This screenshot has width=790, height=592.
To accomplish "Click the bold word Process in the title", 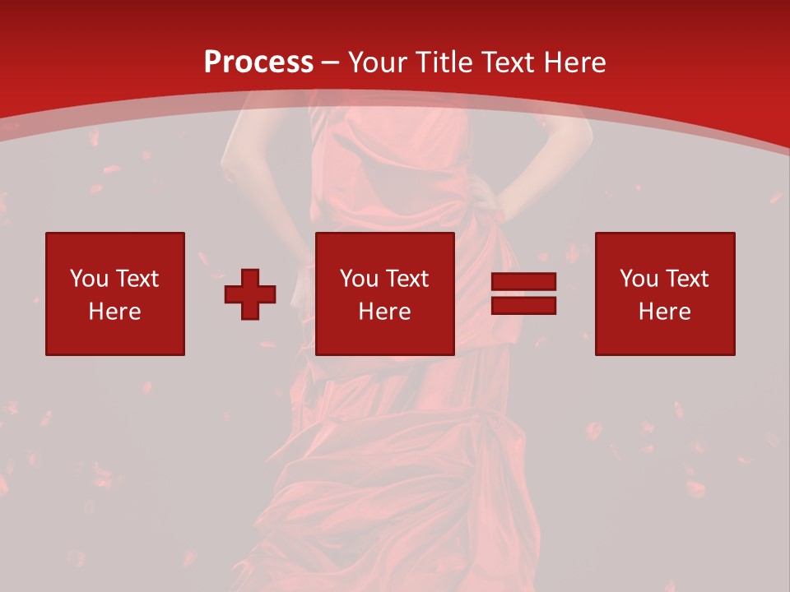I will click(258, 62).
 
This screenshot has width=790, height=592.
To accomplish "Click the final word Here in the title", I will click(574, 62).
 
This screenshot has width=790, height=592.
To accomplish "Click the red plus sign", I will click(250, 294).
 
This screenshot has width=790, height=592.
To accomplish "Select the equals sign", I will click(523, 294).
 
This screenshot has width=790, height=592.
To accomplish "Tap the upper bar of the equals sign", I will click(523, 283).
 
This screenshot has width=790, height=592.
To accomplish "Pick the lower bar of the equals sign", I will click(523, 306).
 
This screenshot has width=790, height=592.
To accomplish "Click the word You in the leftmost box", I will click(88, 279).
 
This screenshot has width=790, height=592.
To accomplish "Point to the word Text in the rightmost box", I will click(686, 279).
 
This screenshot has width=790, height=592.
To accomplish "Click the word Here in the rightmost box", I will click(665, 312).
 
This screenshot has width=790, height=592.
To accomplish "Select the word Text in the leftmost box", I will click(137, 279).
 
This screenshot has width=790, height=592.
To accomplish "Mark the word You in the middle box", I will click(358, 279).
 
